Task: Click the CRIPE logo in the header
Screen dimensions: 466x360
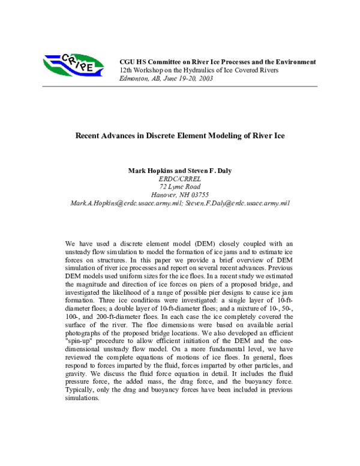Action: (69, 62)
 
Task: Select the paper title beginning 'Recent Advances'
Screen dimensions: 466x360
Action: (179, 136)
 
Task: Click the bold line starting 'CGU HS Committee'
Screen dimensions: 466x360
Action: (218, 62)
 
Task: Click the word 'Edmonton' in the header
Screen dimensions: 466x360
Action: (136, 79)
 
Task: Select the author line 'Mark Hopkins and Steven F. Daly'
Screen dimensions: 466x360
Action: (179, 171)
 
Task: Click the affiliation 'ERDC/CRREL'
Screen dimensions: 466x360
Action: (179, 178)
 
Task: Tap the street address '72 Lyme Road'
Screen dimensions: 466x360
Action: (179, 187)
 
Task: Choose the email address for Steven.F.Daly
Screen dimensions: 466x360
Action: (231, 203)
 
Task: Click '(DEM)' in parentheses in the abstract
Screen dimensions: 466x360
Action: (202, 244)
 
